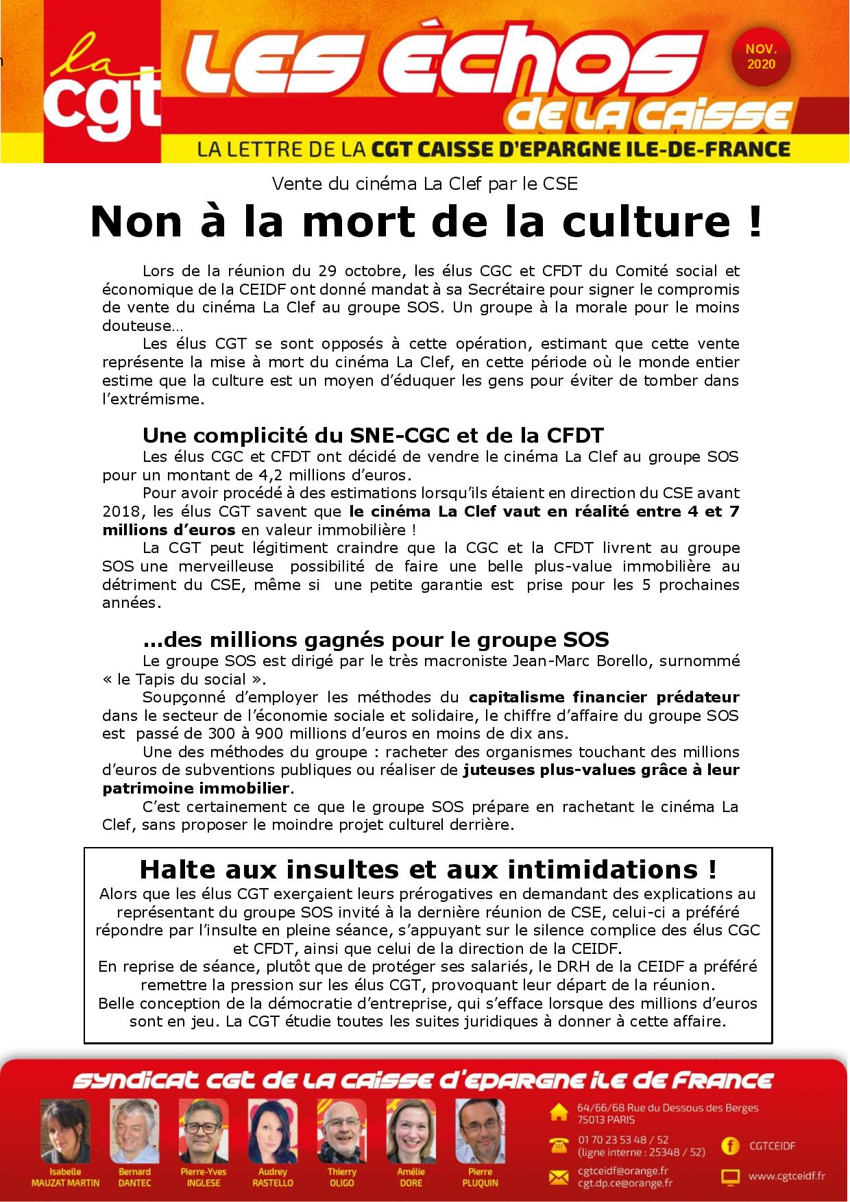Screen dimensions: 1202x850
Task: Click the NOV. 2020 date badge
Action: (761, 57)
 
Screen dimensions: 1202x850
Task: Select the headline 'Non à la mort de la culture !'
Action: (426, 221)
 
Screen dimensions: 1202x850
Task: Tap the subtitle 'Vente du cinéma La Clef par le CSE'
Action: (424, 184)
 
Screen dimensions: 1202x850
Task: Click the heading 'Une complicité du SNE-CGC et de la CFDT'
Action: (373, 435)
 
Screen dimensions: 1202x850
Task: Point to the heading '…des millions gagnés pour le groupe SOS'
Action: (376, 639)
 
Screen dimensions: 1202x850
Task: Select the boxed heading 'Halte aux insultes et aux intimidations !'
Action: (428, 870)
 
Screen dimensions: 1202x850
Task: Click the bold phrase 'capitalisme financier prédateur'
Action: (604, 697)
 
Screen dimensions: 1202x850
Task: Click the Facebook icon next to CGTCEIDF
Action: (730, 1145)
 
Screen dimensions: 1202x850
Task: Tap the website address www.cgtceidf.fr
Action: (786, 1176)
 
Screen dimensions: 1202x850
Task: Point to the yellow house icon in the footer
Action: (559, 1113)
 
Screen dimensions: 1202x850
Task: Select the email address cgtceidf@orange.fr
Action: (622, 1170)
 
